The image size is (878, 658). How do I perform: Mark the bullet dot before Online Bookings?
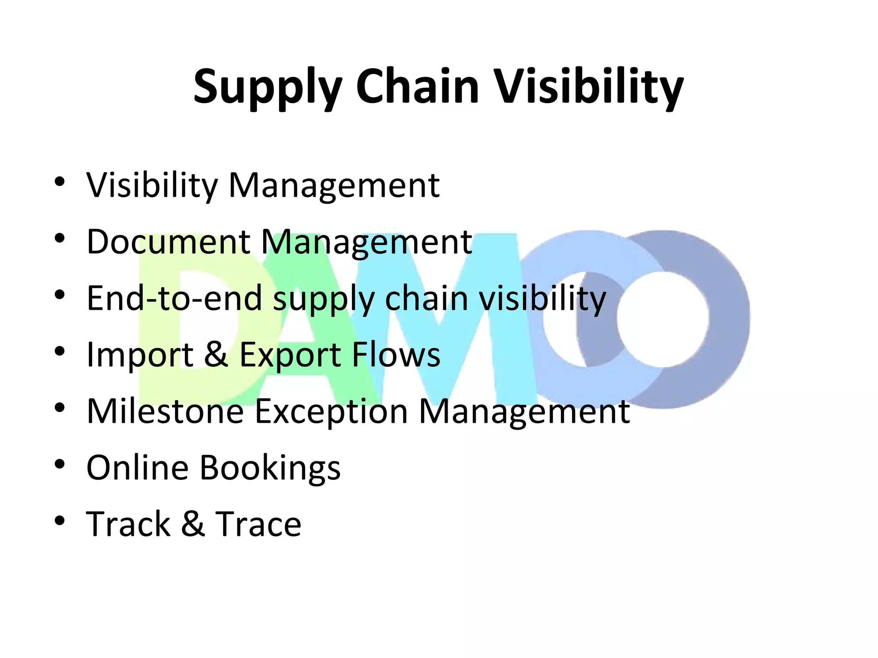click(x=60, y=464)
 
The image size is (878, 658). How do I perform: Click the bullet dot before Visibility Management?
click(x=60, y=181)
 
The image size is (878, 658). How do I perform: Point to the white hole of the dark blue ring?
click(x=662, y=320)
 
